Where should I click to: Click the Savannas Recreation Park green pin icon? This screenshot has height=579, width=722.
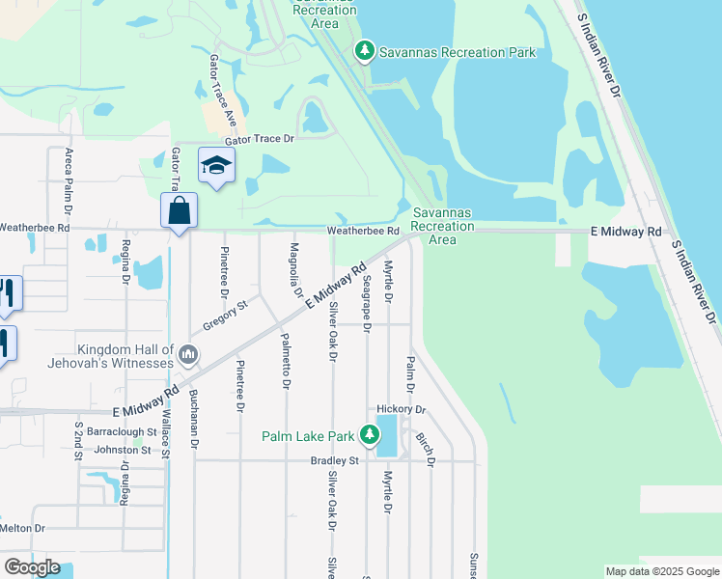[x=364, y=50]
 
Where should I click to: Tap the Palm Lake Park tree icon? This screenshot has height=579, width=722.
[x=369, y=435]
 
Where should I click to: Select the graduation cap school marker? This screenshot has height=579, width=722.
[x=216, y=166]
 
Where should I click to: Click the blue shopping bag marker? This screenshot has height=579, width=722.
[x=180, y=210]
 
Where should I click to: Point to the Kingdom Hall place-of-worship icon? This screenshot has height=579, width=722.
[x=188, y=355]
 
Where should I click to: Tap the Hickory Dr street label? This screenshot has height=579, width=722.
[x=401, y=410]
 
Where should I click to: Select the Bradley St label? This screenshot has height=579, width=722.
[x=334, y=460]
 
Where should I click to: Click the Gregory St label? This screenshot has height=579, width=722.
[x=226, y=315]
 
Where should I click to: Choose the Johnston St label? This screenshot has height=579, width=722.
[x=122, y=450]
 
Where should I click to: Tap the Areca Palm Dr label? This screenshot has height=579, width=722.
[x=69, y=175]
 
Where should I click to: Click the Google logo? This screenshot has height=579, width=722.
[x=32, y=567]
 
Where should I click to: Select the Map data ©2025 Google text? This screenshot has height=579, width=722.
[x=661, y=571]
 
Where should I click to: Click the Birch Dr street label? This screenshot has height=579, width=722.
[x=425, y=448]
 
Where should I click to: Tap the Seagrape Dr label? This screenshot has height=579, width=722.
[x=367, y=302]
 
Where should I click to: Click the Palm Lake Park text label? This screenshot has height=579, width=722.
[x=308, y=436]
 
